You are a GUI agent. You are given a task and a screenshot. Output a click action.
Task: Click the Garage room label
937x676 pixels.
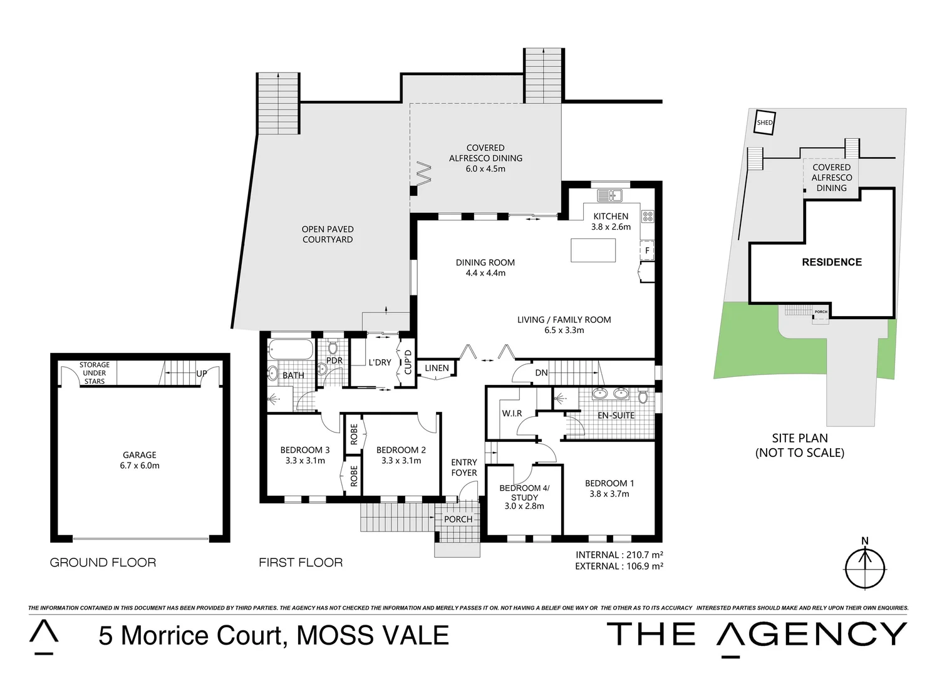[140, 460]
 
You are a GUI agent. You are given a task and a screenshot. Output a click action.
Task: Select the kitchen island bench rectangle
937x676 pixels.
[593, 250]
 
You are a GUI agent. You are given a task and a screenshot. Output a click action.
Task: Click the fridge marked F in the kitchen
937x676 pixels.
[648, 250]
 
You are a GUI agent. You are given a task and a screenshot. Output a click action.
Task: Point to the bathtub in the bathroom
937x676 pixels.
[289, 349]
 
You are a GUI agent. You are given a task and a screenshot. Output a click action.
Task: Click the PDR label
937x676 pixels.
[334, 361]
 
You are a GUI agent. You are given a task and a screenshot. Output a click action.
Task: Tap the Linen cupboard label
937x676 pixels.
[437, 368]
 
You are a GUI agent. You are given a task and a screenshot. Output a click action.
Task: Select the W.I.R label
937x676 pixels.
[512, 414]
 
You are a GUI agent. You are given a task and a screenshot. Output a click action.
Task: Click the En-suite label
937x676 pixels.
[616, 415]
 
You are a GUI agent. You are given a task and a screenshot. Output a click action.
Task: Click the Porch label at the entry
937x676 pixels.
[458, 519]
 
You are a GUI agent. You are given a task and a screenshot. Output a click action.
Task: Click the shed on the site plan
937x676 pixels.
[765, 123]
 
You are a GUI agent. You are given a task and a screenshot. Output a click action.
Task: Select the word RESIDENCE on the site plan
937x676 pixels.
[832, 262]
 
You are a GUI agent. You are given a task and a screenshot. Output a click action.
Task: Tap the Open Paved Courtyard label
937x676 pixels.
[328, 234]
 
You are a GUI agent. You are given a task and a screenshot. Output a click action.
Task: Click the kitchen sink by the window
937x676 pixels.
[608, 195]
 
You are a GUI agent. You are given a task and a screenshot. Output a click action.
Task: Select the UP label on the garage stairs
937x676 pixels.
[202, 374]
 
